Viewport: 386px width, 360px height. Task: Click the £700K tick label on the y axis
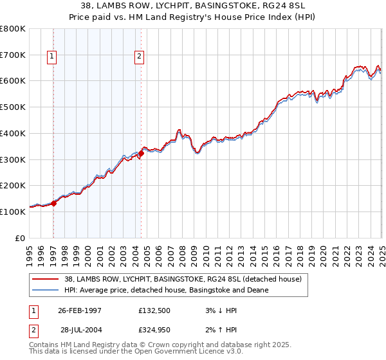coord(13,55)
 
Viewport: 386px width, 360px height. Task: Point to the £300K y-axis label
coord(13,159)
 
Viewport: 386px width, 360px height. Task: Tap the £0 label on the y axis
coord(19,239)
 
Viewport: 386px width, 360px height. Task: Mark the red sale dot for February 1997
coord(54,203)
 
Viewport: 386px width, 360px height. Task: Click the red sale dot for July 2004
coord(141,153)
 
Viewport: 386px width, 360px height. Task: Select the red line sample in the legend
coord(45,279)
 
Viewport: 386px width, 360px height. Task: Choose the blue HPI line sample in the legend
coord(45,291)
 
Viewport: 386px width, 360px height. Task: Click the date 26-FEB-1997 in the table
coord(80,310)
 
